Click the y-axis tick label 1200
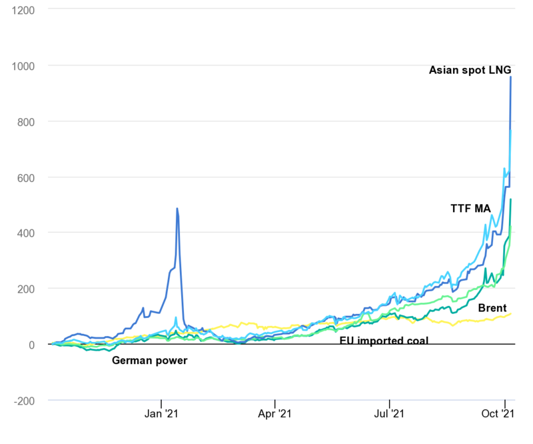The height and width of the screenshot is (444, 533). (23, 11)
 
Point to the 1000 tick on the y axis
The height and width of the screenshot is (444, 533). (23, 66)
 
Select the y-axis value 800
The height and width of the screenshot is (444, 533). (26, 122)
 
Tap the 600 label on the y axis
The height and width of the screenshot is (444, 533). (26, 178)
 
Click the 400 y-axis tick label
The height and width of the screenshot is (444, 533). (26, 233)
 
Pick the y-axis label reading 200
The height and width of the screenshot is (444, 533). (26, 289)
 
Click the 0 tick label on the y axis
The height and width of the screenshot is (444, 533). (31, 345)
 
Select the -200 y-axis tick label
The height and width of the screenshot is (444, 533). (24, 401)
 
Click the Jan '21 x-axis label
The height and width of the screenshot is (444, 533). (161, 413)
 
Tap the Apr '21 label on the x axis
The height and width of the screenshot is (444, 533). (274, 413)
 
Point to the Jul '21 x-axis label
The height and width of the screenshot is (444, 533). (389, 413)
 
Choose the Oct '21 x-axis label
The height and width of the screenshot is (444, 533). (498, 413)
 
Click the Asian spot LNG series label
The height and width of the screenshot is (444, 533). (470, 70)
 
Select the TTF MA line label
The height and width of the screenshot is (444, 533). (471, 208)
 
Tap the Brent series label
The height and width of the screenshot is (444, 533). (492, 308)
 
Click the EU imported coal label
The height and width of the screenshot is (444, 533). (384, 340)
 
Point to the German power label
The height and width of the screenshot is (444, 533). (149, 361)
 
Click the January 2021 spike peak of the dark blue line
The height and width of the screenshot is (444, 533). (177, 209)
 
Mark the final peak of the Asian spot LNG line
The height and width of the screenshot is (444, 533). (510, 77)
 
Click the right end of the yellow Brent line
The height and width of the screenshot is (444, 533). (511, 313)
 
